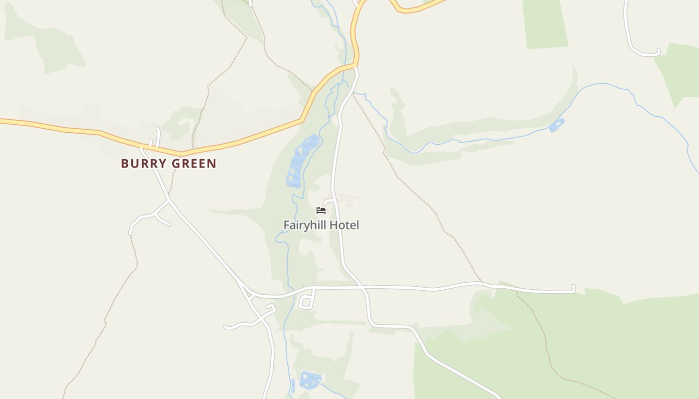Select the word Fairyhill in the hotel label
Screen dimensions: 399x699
(x=307, y=225)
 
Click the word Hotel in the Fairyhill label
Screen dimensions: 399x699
(x=345, y=225)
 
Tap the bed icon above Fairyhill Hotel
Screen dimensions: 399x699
(x=321, y=210)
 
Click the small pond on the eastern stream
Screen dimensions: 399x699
(x=557, y=125)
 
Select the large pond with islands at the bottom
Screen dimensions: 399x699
(x=310, y=380)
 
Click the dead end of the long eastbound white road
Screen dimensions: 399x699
(x=574, y=288)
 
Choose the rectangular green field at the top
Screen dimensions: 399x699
(x=545, y=24)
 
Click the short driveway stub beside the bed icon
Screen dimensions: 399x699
(x=328, y=202)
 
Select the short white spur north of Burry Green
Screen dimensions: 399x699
(x=158, y=137)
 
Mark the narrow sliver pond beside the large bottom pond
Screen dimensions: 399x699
(x=293, y=386)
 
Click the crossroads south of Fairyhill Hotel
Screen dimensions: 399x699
(x=363, y=287)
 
